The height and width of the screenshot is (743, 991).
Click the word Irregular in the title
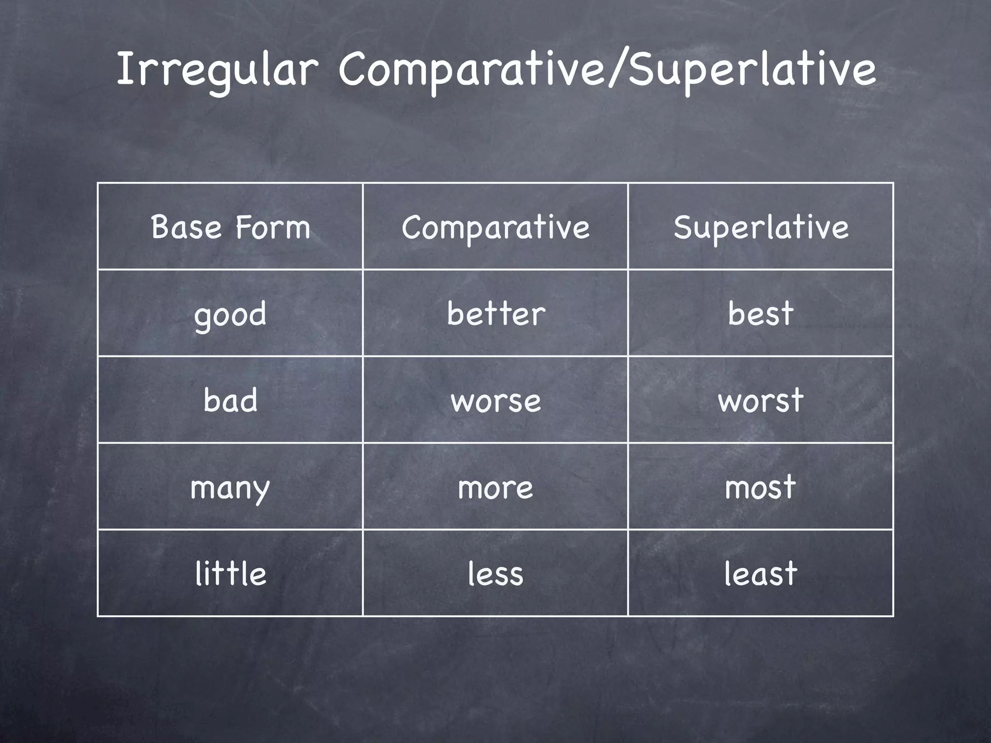point(216,71)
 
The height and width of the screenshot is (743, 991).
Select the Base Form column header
point(230,227)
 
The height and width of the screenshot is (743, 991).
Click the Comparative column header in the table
point(495,227)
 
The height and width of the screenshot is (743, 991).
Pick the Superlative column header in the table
point(761,227)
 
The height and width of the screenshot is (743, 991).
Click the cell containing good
point(230,314)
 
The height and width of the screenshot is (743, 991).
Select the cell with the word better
point(495,314)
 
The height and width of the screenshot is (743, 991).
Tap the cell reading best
point(761,314)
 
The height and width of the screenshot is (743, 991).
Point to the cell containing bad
point(230,401)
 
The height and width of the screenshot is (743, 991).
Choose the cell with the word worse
point(495,401)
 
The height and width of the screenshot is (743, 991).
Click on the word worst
point(761,401)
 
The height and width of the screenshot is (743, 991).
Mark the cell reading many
point(230,487)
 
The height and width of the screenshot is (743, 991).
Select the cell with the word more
point(495,487)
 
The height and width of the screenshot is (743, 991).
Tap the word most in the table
point(761,487)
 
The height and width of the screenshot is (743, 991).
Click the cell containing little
point(230,574)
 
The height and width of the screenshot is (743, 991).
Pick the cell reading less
point(495,574)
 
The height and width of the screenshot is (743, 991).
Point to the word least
point(761,574)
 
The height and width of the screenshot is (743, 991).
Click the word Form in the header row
point(272,227)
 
